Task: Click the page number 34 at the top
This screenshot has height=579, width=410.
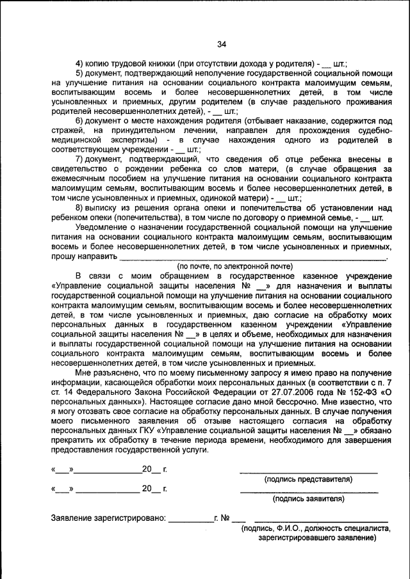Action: (x=222, y=44)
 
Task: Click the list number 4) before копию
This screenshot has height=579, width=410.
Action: (x=80, y=64)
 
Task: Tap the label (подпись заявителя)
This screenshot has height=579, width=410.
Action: (x=308, y=499)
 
